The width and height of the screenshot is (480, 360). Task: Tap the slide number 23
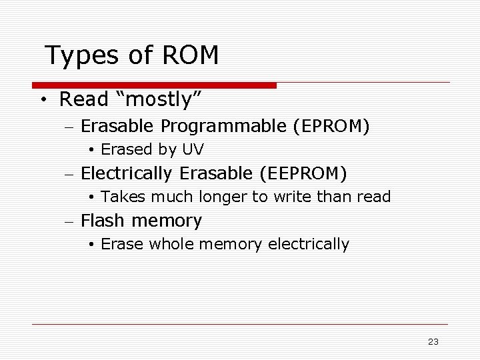pyautogui.click(x=433, y=341)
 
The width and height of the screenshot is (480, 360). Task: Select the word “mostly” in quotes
pyautogui.click(x=158, y=100)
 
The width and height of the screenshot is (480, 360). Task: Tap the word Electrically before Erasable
pyautogui.click(x=127, y=174)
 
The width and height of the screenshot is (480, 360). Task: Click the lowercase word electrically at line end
pyautogui.click(x=309, y=245)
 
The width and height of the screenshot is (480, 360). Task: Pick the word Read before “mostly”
pyautogui.click(x=84, y=100)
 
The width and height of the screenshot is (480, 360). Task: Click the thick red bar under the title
pyautogui.click(x=154, y=85)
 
